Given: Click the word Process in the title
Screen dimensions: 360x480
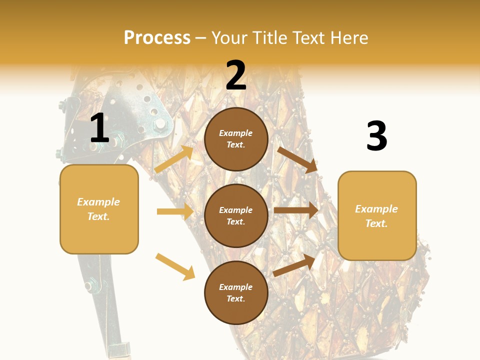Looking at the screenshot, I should [157, 38].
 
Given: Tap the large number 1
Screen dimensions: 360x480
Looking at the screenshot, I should [99, 128].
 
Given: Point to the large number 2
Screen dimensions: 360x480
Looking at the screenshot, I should [236, 75].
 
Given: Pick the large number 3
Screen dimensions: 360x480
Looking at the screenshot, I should [376, 136].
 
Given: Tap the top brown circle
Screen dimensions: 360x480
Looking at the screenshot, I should [236, 139].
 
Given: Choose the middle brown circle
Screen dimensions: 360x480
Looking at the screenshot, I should [236, 216].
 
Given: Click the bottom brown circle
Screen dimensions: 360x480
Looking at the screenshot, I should [236, 293].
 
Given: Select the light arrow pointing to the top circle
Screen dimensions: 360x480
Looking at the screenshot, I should [174, 159].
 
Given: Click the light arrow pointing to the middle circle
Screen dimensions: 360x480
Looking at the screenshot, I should [175, 211].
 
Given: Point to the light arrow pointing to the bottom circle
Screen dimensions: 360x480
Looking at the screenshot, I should [175, 266].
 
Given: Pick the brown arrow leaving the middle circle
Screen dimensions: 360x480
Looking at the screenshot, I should [295, 210].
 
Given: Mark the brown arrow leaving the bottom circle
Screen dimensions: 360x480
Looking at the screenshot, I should [294, 265].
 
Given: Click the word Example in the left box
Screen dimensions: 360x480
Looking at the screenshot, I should [98, 202].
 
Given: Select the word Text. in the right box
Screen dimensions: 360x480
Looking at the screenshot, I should [376, 223].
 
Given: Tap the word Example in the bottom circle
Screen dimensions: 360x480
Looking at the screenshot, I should [236, 287].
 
